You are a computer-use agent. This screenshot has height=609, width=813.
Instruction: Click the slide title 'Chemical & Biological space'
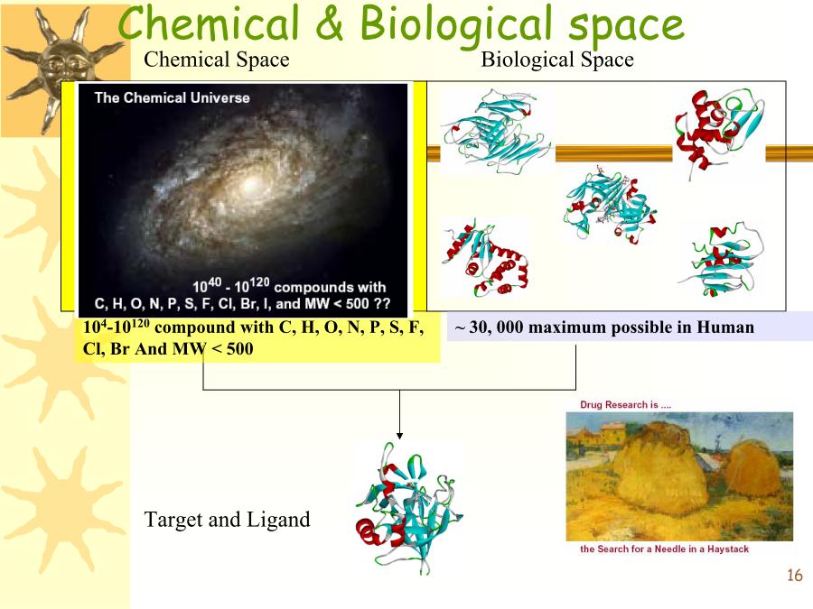401,24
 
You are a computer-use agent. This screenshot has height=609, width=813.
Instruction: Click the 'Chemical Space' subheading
217,60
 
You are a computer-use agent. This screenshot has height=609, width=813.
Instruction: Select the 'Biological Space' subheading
557,60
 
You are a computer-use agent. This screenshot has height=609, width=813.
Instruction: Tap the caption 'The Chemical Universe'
173,97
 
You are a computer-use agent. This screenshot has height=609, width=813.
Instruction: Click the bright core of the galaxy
251,184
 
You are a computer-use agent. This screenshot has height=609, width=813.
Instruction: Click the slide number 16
794,575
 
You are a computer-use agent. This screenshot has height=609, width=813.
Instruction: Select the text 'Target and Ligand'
227,520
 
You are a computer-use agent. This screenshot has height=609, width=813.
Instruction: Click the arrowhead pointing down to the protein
399,436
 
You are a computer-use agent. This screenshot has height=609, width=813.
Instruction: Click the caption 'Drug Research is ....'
625,404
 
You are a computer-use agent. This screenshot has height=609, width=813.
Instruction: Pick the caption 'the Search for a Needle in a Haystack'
664,549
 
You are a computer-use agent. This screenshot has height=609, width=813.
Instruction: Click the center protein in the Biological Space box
609,206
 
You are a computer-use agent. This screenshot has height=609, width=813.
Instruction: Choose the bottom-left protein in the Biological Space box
484,259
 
